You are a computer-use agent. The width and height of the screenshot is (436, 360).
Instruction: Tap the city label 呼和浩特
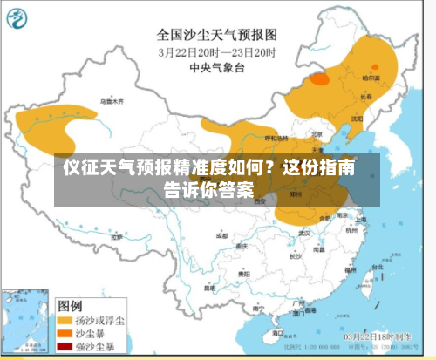[x=276, y=138]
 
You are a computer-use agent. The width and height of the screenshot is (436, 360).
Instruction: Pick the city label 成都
[x=221, y=235]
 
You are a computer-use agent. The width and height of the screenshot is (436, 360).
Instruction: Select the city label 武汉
[x=304, y=233]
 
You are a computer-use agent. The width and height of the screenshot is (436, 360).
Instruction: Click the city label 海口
[x=277, y=332]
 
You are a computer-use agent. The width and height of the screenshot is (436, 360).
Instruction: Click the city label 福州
[x=350, y=270]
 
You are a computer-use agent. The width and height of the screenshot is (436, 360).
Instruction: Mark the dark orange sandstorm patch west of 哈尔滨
[x=319, y=78]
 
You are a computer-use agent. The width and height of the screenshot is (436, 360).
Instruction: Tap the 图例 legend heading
[x=71, y=306]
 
